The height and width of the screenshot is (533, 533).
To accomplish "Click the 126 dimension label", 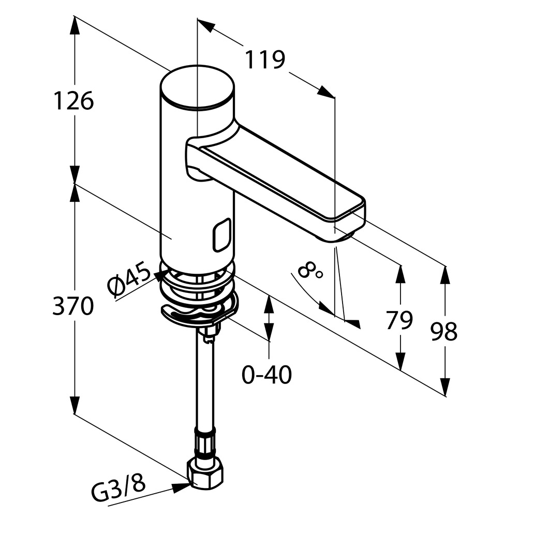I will pyautogui.click(x=73, y=100).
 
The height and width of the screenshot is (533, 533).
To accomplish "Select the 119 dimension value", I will pyautogui.click(x=265, y=60).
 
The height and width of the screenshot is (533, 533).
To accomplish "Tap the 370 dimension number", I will pyautogui.click(x=73, y=306).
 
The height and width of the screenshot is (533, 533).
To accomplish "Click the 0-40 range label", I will pyautogui.click(x=266, y=375).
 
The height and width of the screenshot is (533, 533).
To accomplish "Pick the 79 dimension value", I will pyautogui.click(x=399, y=321).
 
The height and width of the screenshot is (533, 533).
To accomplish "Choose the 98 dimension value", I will pyautogui.click(x=444, y=331).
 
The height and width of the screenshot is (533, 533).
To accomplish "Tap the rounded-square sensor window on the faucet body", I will pyautogui.click(x=221, y=235).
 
